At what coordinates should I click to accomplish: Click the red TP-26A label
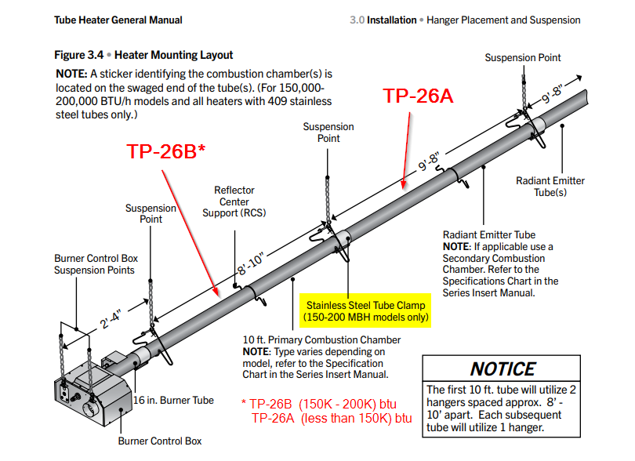tap(417, 96)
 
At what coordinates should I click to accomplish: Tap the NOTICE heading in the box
tap(503, 369)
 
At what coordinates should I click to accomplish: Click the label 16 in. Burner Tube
tap(173, 400)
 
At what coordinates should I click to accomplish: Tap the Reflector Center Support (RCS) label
tap(234, 201)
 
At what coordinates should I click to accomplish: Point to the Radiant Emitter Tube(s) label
tap(550, 187)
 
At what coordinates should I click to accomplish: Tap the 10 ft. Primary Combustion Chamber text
tap(321, 340)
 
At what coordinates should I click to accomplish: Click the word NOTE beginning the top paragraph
tap(70, 72)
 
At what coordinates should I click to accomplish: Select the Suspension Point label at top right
tap(522, 57)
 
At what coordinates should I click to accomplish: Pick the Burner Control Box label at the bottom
tap(160, 441)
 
